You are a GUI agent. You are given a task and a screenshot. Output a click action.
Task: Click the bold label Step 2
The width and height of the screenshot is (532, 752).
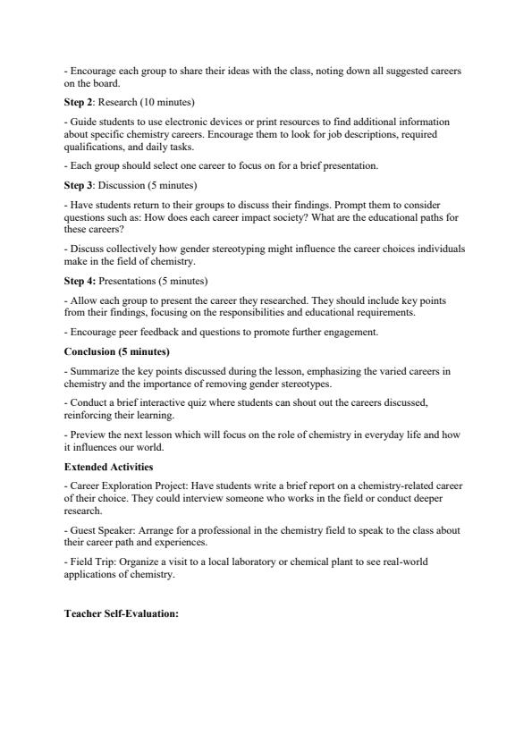(x=79, y=102)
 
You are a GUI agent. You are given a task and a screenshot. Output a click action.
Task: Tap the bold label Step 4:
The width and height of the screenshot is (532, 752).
(x=80, y=281)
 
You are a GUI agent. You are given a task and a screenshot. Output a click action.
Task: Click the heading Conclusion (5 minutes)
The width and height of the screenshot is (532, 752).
(x=117, y=351)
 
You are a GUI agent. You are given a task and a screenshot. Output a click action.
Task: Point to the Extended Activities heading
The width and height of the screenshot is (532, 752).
(x=109, y=467)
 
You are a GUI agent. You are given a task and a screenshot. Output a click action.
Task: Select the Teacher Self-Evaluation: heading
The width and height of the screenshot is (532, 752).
(x=122, y=613)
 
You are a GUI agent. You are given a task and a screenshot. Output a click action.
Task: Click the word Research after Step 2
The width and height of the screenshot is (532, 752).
(x=118, y=102)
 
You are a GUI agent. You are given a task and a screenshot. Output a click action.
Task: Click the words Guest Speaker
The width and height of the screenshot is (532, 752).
(x=100, y=530)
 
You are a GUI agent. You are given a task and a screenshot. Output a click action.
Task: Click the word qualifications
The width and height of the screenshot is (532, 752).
(x=93, y=147)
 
